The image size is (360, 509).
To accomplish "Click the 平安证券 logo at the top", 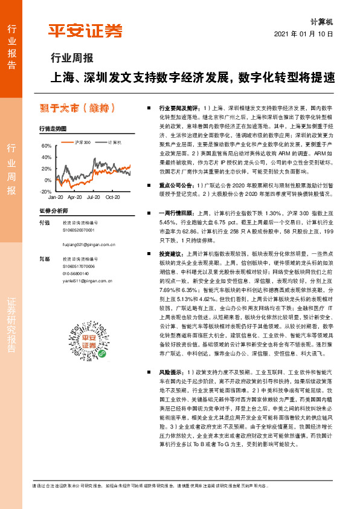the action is pyautogui.click(x=85, y=30).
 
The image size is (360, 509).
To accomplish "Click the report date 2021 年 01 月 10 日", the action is pyautogui.click(x=307, y=34).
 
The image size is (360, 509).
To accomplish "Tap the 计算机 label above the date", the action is pyautogui.click(x=323, y=21).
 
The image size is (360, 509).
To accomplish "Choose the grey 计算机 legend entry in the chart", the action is pyautogui.click(x=114, y=143).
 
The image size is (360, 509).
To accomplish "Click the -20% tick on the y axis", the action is pyautogui.click(x=45, y=191).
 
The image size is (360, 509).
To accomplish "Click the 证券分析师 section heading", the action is pyautogui.click(x=54, y=211).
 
